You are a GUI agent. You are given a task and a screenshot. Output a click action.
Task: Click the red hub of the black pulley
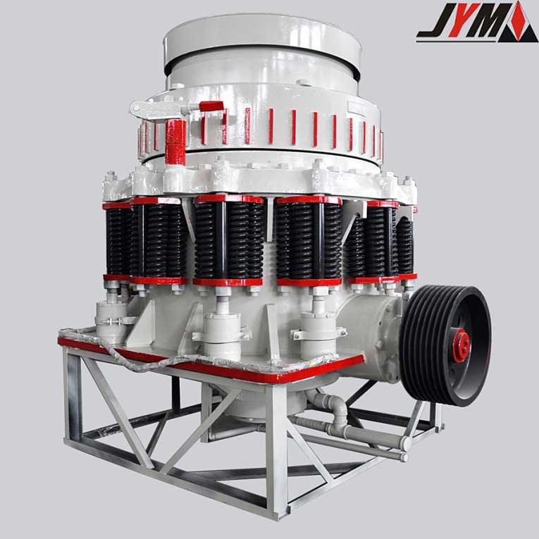click(x=461, y=345)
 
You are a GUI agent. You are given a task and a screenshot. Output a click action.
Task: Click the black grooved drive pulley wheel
click(x=446, y=345)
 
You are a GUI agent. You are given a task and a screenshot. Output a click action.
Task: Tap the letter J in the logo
click(x=435, y=20)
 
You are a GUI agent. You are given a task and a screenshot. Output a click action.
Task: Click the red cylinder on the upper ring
click(x=175, y=142)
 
